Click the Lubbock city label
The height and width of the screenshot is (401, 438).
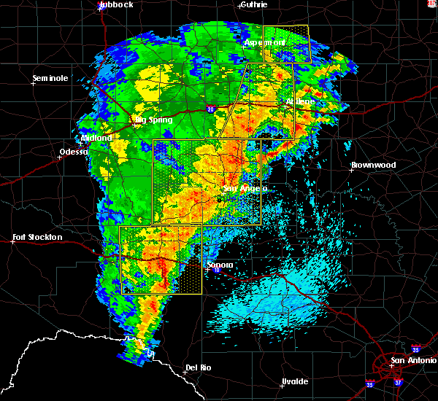[x=116, y=4]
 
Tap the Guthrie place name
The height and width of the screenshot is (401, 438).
[x=253, y=4]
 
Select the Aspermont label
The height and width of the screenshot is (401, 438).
[x=264, y=42]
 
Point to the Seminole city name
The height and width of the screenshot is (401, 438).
[x=50, y=78]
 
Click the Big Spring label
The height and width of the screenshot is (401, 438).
[x=152, y=119]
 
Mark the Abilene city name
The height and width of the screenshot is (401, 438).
[x=299, y=102]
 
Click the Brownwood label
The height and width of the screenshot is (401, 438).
[x=373, y=165]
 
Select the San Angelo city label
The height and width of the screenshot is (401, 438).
[x=245, y=188]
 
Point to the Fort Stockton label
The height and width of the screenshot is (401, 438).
[x=37, y=237]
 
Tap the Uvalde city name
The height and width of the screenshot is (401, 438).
[x=294, y=381]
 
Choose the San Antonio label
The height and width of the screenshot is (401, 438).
[x=412, y=360]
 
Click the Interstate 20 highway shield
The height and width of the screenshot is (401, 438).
[x=210, y=109]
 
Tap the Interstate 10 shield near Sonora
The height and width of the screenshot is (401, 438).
[x=217, y=270]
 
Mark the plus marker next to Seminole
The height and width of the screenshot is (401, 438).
[x=34, y=84]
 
